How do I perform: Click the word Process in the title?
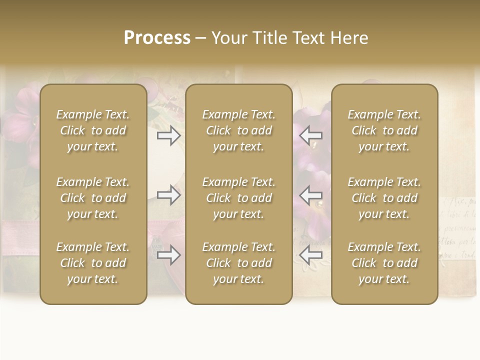(157, 38)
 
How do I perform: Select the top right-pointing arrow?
(169, 135)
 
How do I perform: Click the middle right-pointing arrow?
(169, 195)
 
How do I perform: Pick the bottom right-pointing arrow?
(169, 255)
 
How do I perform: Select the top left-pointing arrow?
(310, 135)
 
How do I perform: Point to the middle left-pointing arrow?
(310, 195)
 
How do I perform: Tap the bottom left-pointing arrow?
(310, 255)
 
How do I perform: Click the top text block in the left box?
(93, 130)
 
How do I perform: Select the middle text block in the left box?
(93, 198)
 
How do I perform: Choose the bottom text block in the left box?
(93, 263)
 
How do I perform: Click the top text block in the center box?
(238, 130)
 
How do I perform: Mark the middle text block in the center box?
(238, 198)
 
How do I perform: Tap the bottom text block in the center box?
(238, 263)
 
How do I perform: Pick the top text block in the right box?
(384, 130)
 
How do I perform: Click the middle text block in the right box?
(384, 198)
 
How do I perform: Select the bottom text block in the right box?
(384, 263)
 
